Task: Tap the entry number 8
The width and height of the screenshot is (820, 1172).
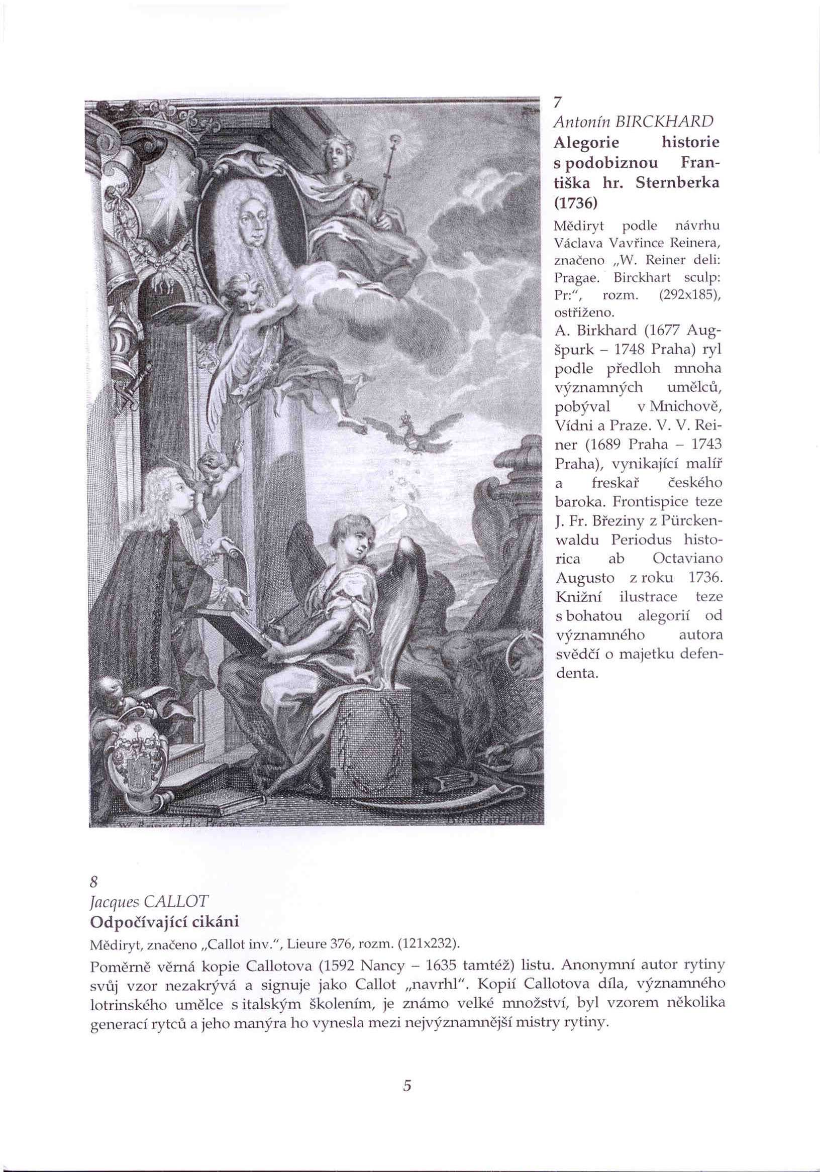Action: tap(93, 882)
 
